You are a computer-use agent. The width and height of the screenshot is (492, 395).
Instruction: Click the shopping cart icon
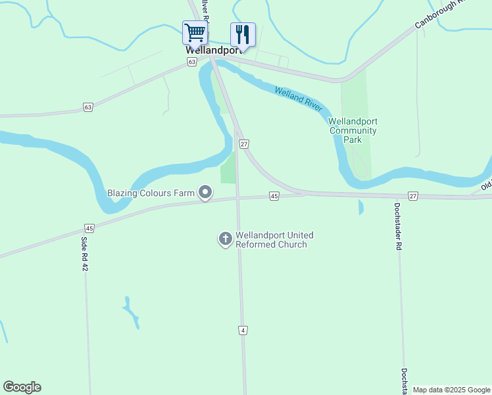[195, 32]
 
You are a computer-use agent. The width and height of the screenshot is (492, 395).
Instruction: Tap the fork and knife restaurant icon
[242, 34]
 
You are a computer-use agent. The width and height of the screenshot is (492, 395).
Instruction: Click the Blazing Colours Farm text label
[151, 194]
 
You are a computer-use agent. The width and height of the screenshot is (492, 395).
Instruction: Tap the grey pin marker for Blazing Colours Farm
[206, 193]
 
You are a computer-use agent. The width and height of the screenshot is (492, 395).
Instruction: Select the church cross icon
[225, 239]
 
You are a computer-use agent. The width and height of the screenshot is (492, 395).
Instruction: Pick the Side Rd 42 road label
[85, 254]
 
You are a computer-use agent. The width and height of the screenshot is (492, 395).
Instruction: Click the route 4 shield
[243, 330]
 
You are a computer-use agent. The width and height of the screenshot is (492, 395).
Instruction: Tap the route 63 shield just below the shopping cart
[191, 62]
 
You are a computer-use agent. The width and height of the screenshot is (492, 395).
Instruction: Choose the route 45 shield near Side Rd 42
[89, 228]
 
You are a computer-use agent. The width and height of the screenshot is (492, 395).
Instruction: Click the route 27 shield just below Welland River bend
[244, 144]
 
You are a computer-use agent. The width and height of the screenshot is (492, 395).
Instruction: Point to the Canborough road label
[439, 14]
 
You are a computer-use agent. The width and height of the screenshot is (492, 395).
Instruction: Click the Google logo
[22, 387]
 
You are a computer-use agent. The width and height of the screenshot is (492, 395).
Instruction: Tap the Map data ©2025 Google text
[451, 390]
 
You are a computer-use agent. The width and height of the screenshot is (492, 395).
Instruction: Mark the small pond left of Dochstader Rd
[360, 208]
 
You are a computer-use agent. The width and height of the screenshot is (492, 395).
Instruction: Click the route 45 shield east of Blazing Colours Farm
[274, 196]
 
